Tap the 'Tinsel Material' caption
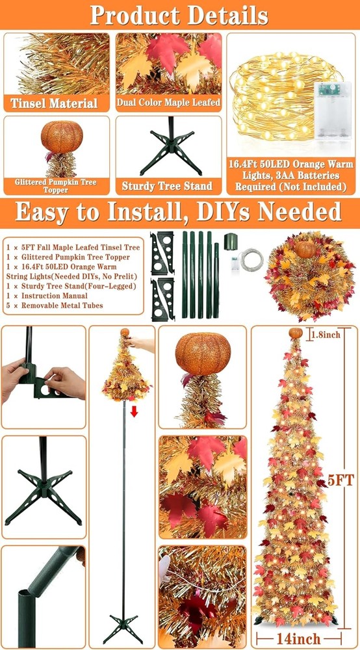coord(54,103)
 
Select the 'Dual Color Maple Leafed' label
coord(168,102)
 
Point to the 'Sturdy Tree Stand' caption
coord(167,186)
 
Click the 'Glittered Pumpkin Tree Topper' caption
coord(55,186)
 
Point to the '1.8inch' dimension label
coord(323,335)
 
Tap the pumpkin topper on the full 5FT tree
coord(296,333)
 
